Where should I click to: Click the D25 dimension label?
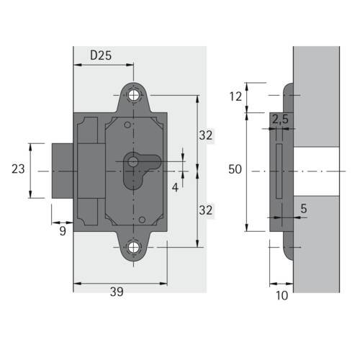coord(101,55)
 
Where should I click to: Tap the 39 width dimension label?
coord(117,292)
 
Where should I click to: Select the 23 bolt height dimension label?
coord(18,169)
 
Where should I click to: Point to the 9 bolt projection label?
coord(63,231)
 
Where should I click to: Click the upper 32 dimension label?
coord(206,135)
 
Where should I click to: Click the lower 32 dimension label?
coord(206,210)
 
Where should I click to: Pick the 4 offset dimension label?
coord(175,187)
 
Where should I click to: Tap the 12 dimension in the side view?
coord(235,96)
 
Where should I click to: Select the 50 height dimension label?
coord(235,169)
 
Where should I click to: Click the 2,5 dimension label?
coord(280,119)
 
